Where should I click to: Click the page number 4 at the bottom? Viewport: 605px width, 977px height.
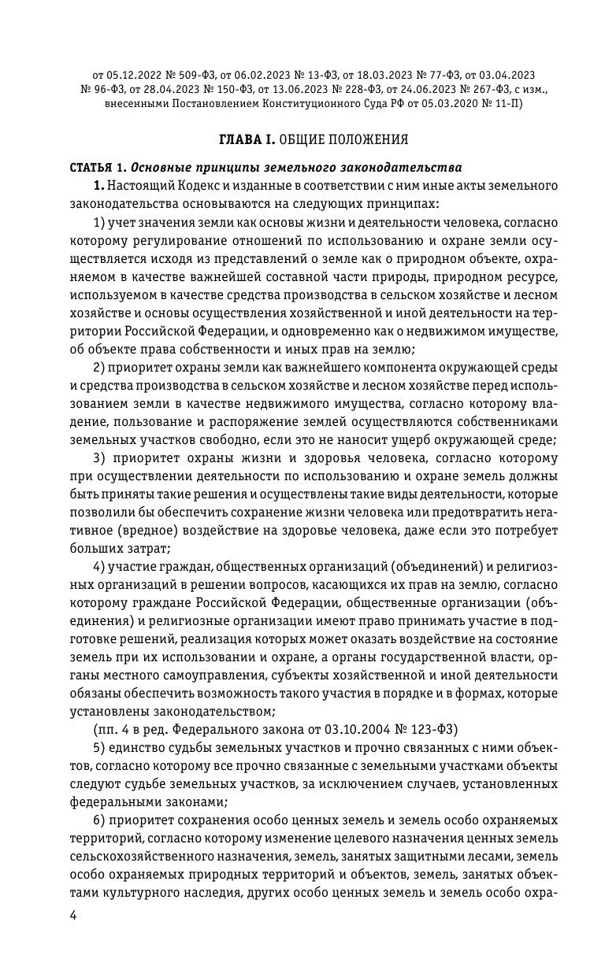[75, 916]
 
